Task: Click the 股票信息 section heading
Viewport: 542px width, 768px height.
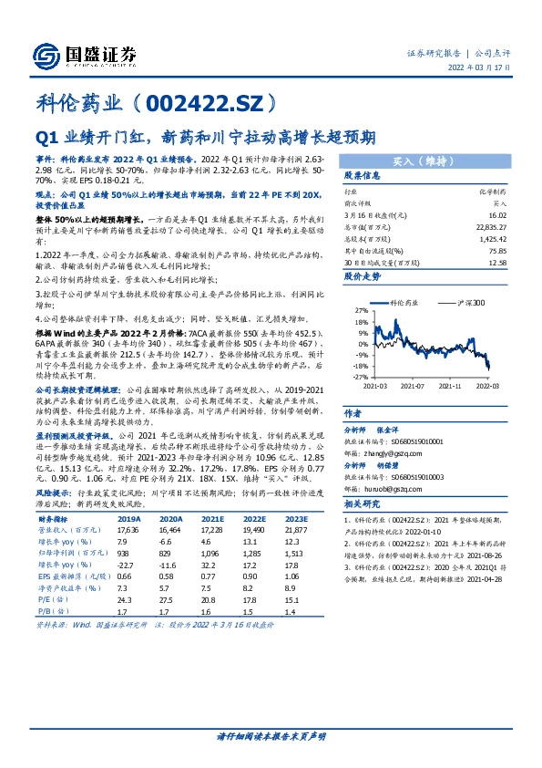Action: pyautogui.click(x=363, y=177)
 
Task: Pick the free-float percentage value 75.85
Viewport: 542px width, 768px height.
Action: pyautogui.click(x=496, y=252)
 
